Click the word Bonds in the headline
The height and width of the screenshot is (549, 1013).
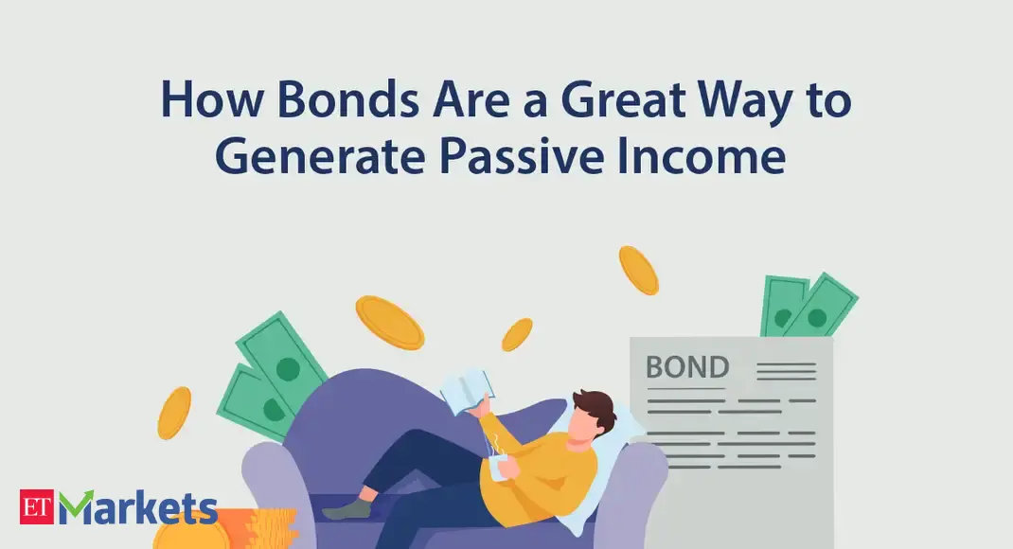348,99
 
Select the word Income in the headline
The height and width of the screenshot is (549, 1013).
702,156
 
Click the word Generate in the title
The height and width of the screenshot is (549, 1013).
320,156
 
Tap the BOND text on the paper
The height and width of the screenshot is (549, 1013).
687,367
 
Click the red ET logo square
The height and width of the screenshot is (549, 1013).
37,507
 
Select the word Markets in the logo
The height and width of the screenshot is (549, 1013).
137,507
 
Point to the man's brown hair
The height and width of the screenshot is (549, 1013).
595,408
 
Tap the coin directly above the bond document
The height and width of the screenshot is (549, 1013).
638,271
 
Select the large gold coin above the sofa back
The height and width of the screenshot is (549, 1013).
389,322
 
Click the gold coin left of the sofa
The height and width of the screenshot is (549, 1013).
174,413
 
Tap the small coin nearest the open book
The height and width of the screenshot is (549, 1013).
518,334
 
